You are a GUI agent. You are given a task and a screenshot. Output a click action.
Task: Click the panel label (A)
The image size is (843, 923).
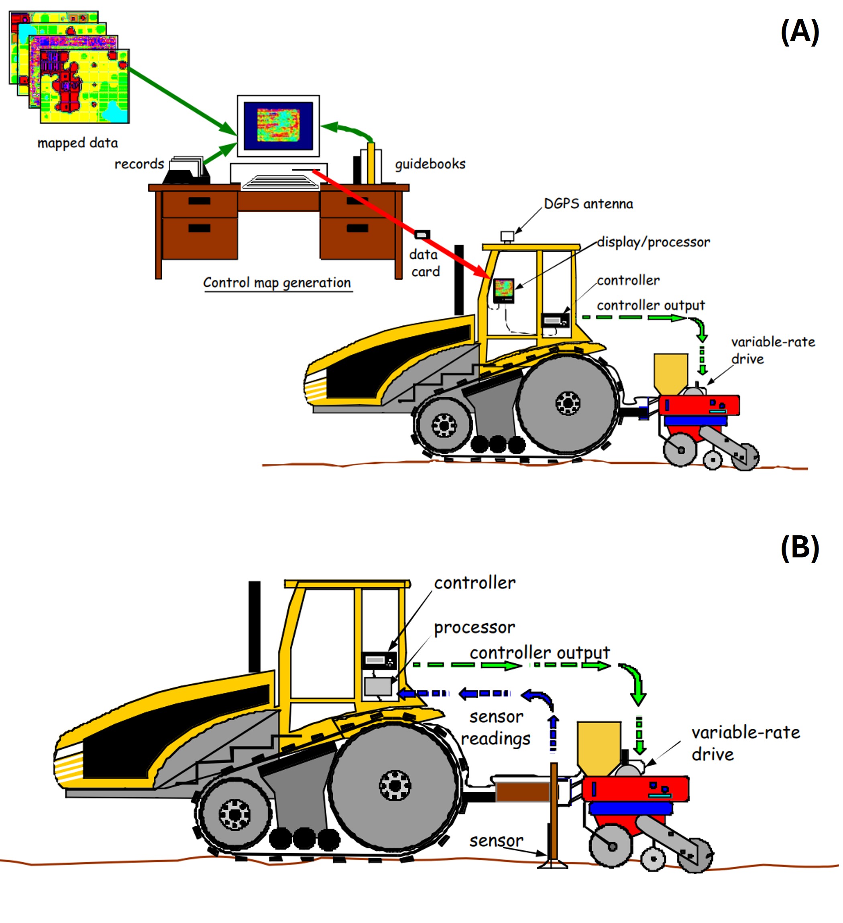pyautogui.click(x=800, y=32)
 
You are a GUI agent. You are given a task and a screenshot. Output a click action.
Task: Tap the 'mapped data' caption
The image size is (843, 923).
pyautogui.click(x=77, y=143)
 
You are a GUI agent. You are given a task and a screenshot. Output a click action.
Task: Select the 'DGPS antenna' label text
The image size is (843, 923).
pyautogui.click(x=588, y=204)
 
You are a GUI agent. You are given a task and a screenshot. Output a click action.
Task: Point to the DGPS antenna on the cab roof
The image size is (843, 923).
pyautogui.click(x=507, y=236)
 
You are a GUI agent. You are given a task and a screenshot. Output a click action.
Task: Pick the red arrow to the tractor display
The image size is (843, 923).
pyautogui.click(x=403, y=224)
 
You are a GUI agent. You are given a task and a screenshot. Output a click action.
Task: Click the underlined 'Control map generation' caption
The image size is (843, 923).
pyautogui.click(x=277, y=283)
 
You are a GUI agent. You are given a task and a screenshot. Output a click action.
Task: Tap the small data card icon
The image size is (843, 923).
pyautogui.click(x=422, y=235)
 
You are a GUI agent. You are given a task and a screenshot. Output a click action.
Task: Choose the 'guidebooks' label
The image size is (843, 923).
pyautogui.click(x=430, y=164)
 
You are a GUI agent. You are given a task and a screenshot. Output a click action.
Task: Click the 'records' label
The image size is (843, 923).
pyautogui.click(x=139, y=164)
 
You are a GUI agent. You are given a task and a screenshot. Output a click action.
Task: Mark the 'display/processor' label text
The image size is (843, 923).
pyautogui.click(x=654, y=242)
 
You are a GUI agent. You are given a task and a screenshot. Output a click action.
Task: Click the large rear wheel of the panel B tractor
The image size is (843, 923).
pyautogui.click(x=395, y=786)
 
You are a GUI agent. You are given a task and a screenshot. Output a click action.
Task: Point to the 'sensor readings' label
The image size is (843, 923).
pyautogui.click(x=496, y=728)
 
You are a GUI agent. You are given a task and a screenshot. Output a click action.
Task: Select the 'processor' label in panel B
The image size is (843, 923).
pyautogui.click(x=474, y=627)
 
